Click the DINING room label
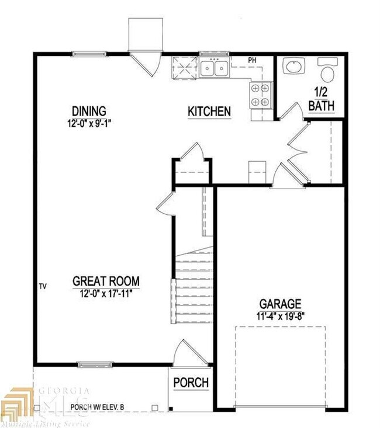[89, 110]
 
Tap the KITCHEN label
[209, 111]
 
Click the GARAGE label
[281, 304]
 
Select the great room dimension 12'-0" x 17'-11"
[106, 294]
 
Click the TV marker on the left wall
[42, 286]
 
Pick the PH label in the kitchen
[253, 60]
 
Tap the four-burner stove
[261, 95]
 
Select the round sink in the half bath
[292, 68]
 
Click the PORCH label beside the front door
[191, 382]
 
